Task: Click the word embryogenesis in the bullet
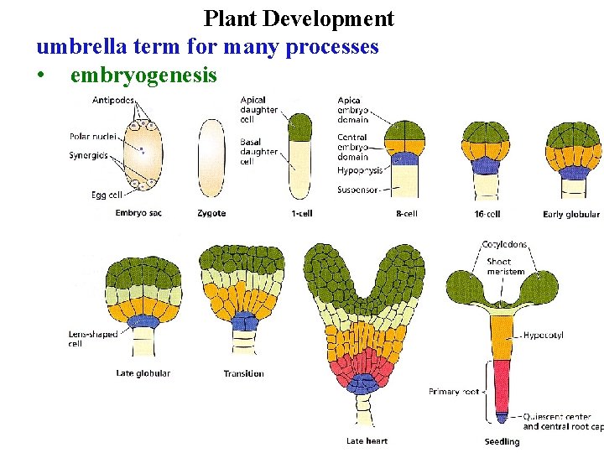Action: click(x=143, y=75)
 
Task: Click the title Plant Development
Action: click(x=299, y=18)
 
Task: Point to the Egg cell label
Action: click(x=107, y=194)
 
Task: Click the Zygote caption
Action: click(x=211, y=214)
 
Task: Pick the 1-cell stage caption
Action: click(x=302, y=214)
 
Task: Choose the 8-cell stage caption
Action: click(x=406, y=214)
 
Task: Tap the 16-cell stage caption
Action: click(x=487, y=214)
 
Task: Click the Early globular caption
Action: click(x=571, y=215)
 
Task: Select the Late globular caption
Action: click(x=143, y=373)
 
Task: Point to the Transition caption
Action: click(x=244, y=373)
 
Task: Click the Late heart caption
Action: click(x=367, y=440)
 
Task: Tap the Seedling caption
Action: click(x=502, y=441)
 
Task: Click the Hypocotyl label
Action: click(x=543, y=335)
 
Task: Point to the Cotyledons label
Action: click(x=505, y=245)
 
